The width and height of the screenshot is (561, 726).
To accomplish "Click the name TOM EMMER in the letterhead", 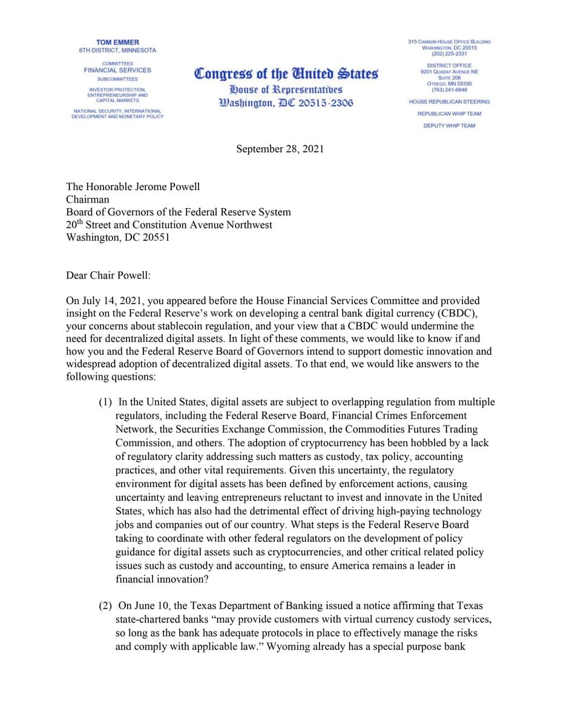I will [x=117, y=42].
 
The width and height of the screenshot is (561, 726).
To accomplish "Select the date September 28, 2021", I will [x=280, y=149].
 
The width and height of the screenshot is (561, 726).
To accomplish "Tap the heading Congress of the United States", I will [x=286, y=74].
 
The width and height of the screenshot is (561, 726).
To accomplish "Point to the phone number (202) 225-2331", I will [x=449, y=54].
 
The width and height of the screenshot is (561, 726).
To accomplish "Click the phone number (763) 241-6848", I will [x=449, y=90].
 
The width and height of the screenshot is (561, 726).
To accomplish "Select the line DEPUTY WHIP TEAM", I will [x=449, y=126].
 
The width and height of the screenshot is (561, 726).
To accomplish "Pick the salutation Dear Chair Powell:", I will [x=108, y=275].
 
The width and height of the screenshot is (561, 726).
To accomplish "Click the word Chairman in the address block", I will [x=87, y=199].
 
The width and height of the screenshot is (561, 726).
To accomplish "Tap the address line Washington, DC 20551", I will [x=117, y=237].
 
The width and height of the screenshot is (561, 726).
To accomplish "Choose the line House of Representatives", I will [x=286, y=90].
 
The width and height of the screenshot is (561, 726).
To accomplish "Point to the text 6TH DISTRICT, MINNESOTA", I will [x=117, y=50].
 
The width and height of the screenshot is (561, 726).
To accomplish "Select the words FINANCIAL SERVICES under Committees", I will [x=117, y=70].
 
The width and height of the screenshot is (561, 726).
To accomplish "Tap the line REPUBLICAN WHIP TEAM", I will [x=449, y=114].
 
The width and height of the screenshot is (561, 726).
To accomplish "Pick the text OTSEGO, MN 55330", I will [x=449, y=83].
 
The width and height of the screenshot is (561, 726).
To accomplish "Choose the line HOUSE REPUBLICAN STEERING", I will [x=449, y=102].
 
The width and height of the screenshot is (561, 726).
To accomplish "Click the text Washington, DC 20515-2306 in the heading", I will [x=286, y=103].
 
